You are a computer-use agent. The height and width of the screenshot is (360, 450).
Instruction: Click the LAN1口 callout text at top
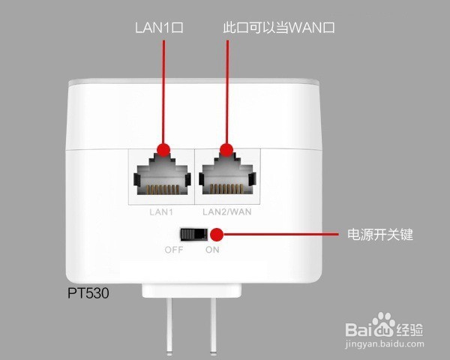click(159, 28)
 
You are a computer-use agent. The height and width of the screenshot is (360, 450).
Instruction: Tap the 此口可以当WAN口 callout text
click(278, 28)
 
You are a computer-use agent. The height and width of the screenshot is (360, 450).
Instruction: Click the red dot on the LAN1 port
click(162, 149)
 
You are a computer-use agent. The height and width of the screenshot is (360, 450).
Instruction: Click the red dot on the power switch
click(222, 235)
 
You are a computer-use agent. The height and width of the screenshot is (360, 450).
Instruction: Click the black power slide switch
click(199, 235)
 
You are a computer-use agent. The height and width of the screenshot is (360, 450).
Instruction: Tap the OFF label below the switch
click(174, 250)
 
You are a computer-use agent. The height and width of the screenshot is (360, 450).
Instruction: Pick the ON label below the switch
click(212, 250)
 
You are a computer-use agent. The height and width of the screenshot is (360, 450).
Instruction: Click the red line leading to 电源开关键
click(285, 235)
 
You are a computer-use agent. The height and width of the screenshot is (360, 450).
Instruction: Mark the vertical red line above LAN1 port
click(162, 90)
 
